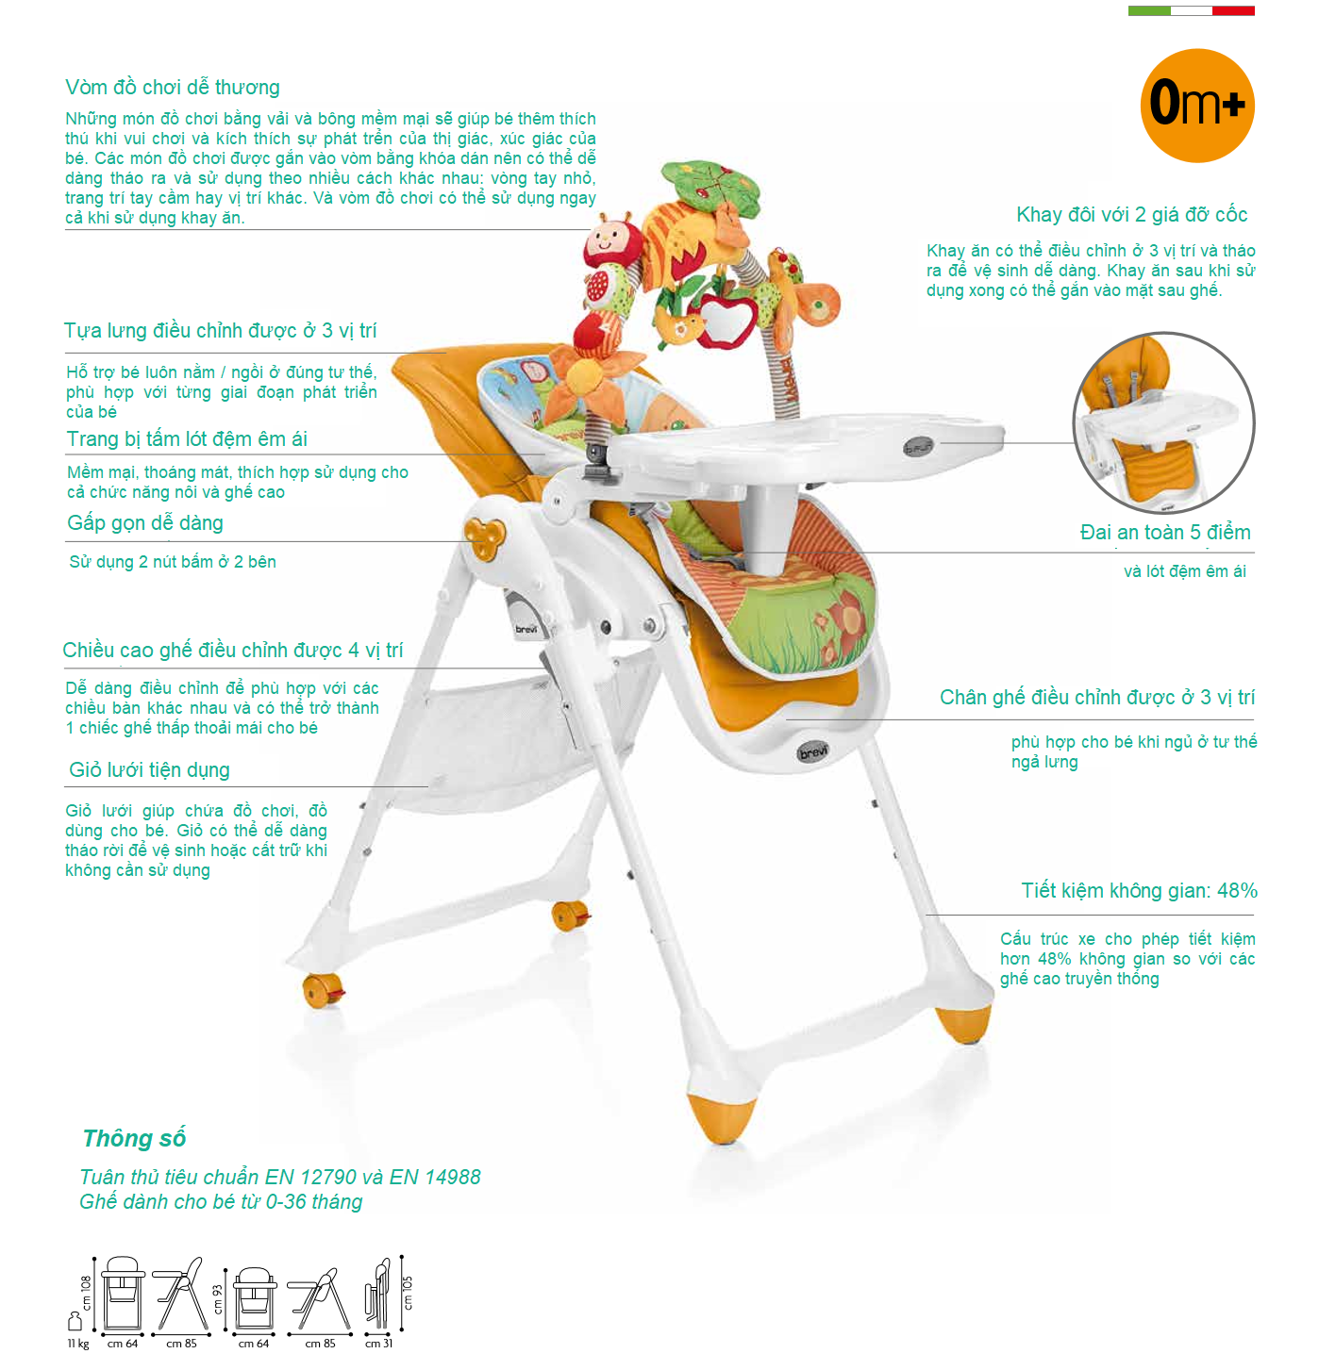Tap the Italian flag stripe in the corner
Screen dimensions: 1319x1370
pyautogui.click(x=1190, y=10)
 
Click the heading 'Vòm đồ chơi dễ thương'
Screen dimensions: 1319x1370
pyautogui.click(x=173, y=88)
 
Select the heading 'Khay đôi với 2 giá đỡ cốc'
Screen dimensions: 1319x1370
pyautogui.click(x=1131, y=215)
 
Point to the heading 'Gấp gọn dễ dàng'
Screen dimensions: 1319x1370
pyautogui.click(x=145, y=523)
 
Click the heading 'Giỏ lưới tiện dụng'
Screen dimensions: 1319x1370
pyautogui.click(x=149, y=769)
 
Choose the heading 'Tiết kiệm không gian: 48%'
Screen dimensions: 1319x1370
pyautogui.click(x=1139, y=891)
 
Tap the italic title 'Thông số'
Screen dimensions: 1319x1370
pyautogui.click(x=134, y=1138)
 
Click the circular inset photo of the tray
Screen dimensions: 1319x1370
pyautogui.click(x=1163, y=422)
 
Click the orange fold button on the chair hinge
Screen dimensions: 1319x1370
pyautogui.click(x=485, y=537)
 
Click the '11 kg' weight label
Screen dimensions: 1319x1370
pyautogui.click(x=78, y=1344)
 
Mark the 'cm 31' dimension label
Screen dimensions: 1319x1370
pyautogui.click(x=378, y=1344)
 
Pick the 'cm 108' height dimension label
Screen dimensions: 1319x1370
pyautogui.click(x=86, y=1293)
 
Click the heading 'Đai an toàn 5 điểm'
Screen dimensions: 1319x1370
pyautogui.click(x=1164, y=532)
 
